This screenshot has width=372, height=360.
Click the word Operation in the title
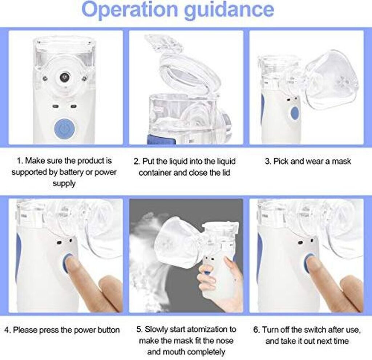tap(130, 10)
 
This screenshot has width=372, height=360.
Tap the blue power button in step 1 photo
tap(64, 129)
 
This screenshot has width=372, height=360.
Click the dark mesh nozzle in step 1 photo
tap(64, 77)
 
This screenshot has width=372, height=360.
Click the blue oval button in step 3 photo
tap(295, 114)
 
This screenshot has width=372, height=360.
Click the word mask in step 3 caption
tap(341, 161)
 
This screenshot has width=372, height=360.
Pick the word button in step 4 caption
tap(109, 330)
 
